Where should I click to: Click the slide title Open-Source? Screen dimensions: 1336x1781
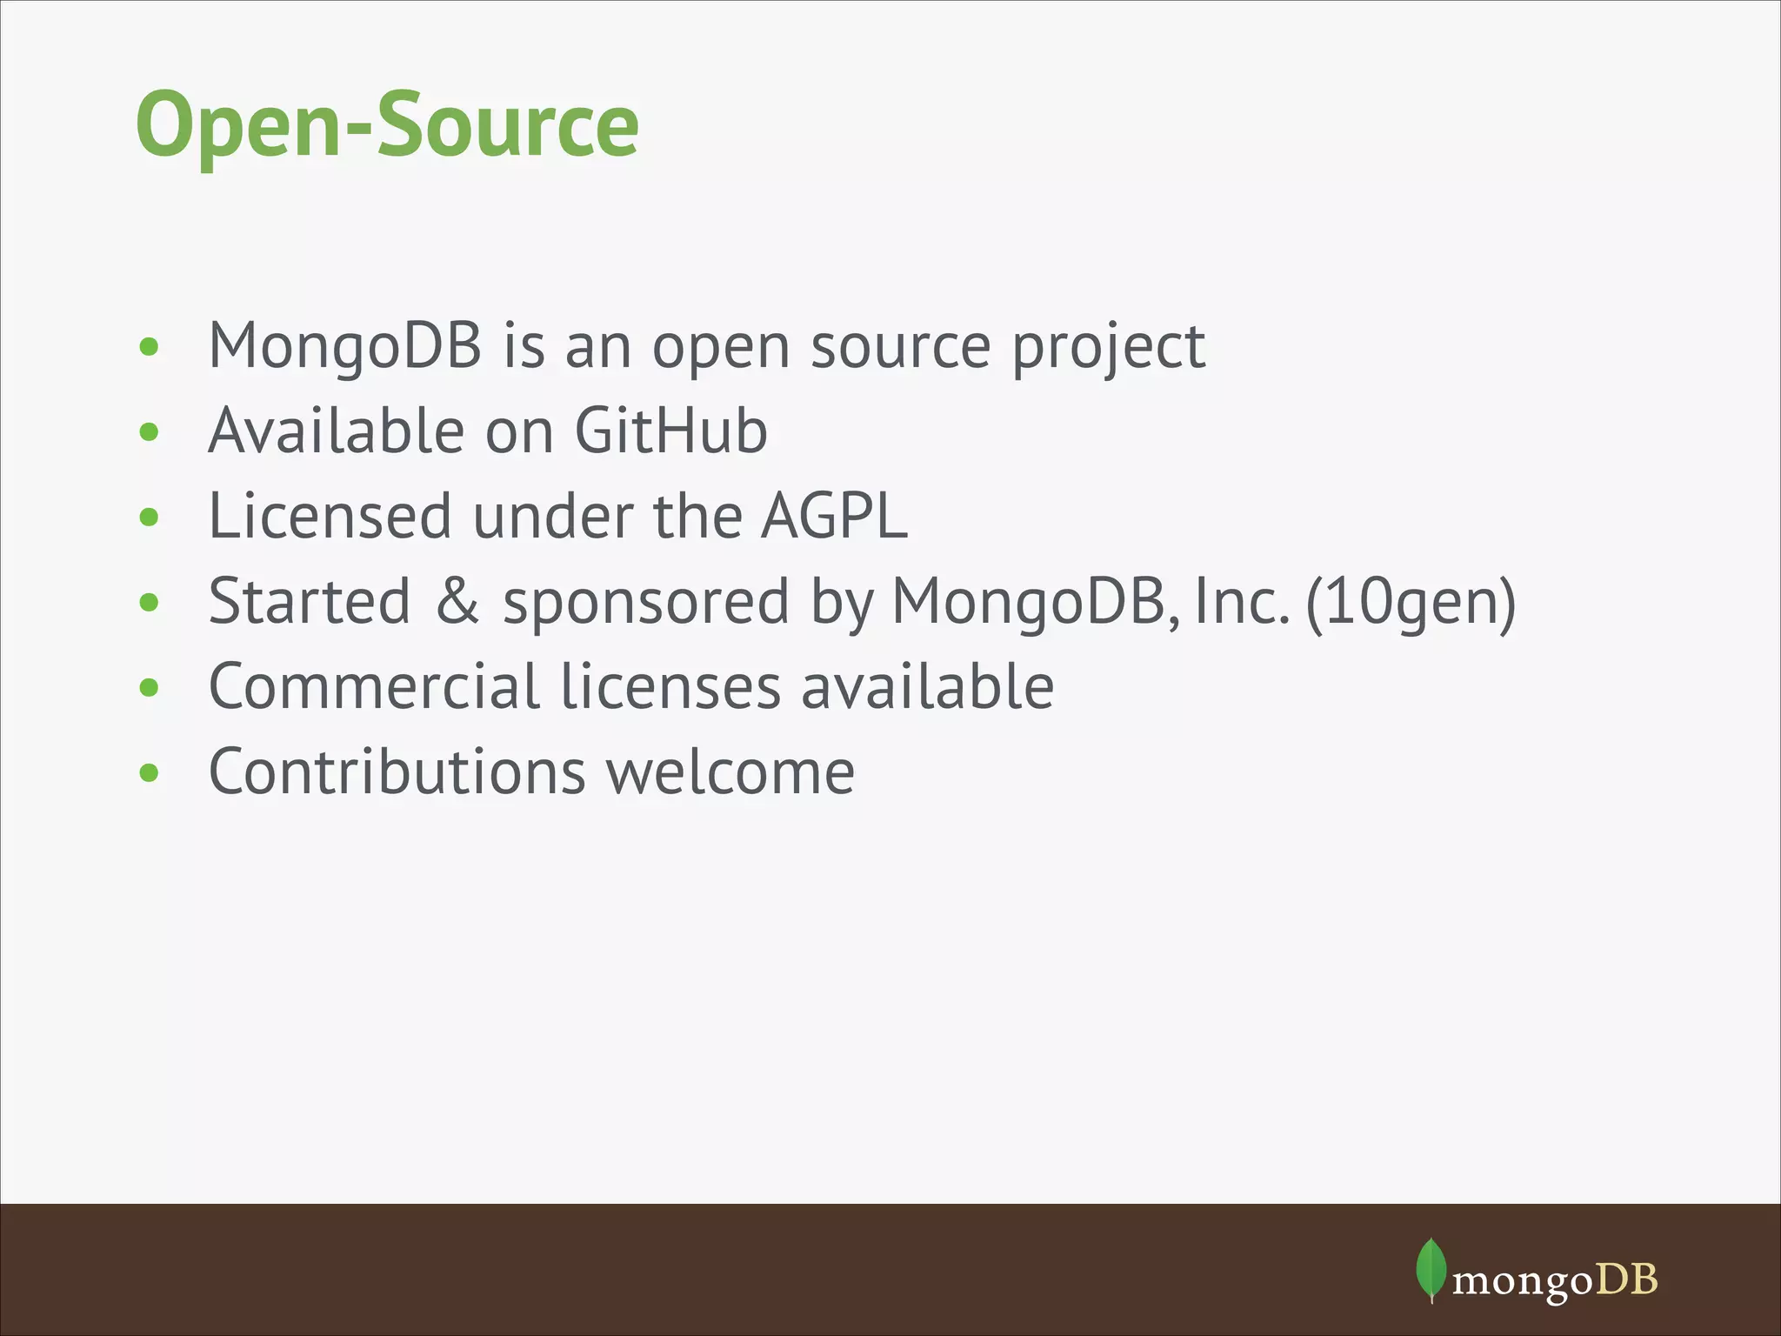coord(387,125)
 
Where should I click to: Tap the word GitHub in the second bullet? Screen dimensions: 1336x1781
coord(670,431)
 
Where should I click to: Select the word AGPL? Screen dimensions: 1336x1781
coord(834,516)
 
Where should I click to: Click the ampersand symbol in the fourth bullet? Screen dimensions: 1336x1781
coord(457,601)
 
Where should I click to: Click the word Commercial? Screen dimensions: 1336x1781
coord(374,686)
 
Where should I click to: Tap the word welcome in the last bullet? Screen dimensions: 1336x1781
coord(730,772)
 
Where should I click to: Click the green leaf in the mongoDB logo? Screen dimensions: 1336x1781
coord(1431,1270)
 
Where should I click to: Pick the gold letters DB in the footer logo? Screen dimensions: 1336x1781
coord(1626,1279)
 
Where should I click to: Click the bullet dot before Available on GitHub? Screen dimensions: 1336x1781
coord(150,431)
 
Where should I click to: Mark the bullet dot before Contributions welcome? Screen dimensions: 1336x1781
coord(150,772)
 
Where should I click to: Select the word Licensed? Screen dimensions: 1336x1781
coord(330,516)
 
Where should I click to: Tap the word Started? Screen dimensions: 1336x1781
coord(309,601)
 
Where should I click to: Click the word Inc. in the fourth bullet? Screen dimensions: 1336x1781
coord(1242,601)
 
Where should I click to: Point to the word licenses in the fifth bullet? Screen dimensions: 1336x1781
coord(670,686)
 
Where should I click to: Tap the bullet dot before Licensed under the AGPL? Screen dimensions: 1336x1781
coord(150,517)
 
